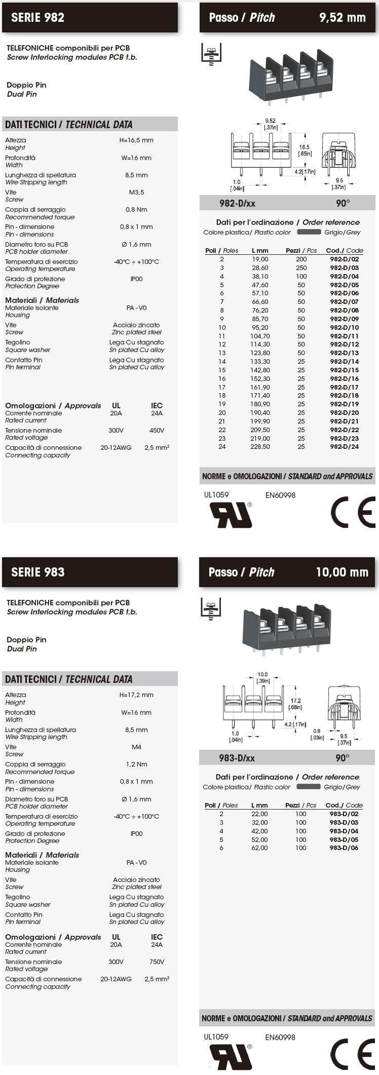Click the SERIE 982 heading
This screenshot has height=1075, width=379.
click(x=38, y=18)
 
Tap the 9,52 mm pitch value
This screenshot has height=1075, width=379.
click(x=342, y=18)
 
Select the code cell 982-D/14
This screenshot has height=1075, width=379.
click(x=344, y=362)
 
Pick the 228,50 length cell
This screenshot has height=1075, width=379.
click(x=260, y=447)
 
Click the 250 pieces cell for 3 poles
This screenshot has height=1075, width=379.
click(x=301, y=267)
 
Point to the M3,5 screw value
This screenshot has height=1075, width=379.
click(x=136, y=193)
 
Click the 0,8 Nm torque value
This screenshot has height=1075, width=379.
click(x=136, y=210)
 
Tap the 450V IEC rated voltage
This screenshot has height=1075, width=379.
click(x=157, y=431)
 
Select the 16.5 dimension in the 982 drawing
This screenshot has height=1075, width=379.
click(x=304, y=147)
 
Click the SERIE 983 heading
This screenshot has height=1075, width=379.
click(x=38, y=572)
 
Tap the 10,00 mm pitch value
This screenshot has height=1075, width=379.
click(x=342, y=572)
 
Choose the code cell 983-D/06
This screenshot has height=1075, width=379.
click(x=344, y=848)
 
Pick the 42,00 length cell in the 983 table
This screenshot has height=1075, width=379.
click(x=259, y=831)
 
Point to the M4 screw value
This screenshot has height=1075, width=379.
click(x=136, y=747)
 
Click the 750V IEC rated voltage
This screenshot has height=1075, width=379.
click(x=157, y=962)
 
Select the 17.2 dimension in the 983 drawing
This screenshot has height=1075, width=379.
click(x=296, y=701)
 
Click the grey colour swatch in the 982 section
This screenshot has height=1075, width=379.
click(x=309, y=232)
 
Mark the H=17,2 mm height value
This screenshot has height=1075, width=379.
click(x=136, y=695)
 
